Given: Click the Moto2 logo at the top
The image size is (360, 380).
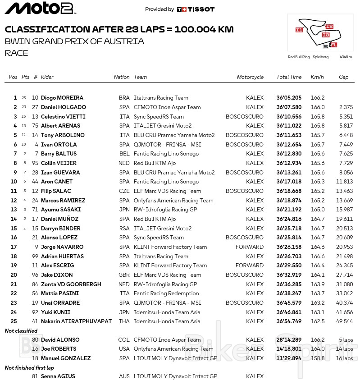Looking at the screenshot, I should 40,8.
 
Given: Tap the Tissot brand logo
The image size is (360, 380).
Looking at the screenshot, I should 196,9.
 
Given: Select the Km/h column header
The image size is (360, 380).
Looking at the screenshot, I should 317,77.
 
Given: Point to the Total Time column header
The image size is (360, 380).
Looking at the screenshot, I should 289,77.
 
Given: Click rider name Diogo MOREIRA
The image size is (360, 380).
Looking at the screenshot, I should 62,98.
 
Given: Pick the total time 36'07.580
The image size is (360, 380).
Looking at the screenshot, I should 289,107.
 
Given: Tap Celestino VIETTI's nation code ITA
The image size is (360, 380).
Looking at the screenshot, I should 124,117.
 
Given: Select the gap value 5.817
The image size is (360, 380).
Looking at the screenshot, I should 346,126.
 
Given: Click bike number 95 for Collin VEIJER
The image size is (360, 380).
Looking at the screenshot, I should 35,163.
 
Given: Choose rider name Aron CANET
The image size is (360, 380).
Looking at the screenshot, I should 57,182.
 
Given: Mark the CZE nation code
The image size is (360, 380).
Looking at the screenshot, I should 124,191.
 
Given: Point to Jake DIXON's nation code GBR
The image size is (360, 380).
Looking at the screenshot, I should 124,275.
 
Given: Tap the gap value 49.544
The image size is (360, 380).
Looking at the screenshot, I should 345,321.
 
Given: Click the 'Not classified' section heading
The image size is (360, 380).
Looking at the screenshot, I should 21,331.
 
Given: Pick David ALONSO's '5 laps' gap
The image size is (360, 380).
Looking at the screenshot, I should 346,340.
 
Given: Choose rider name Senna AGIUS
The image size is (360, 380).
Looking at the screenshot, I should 58,376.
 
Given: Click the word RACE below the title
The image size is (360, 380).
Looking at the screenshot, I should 17,53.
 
